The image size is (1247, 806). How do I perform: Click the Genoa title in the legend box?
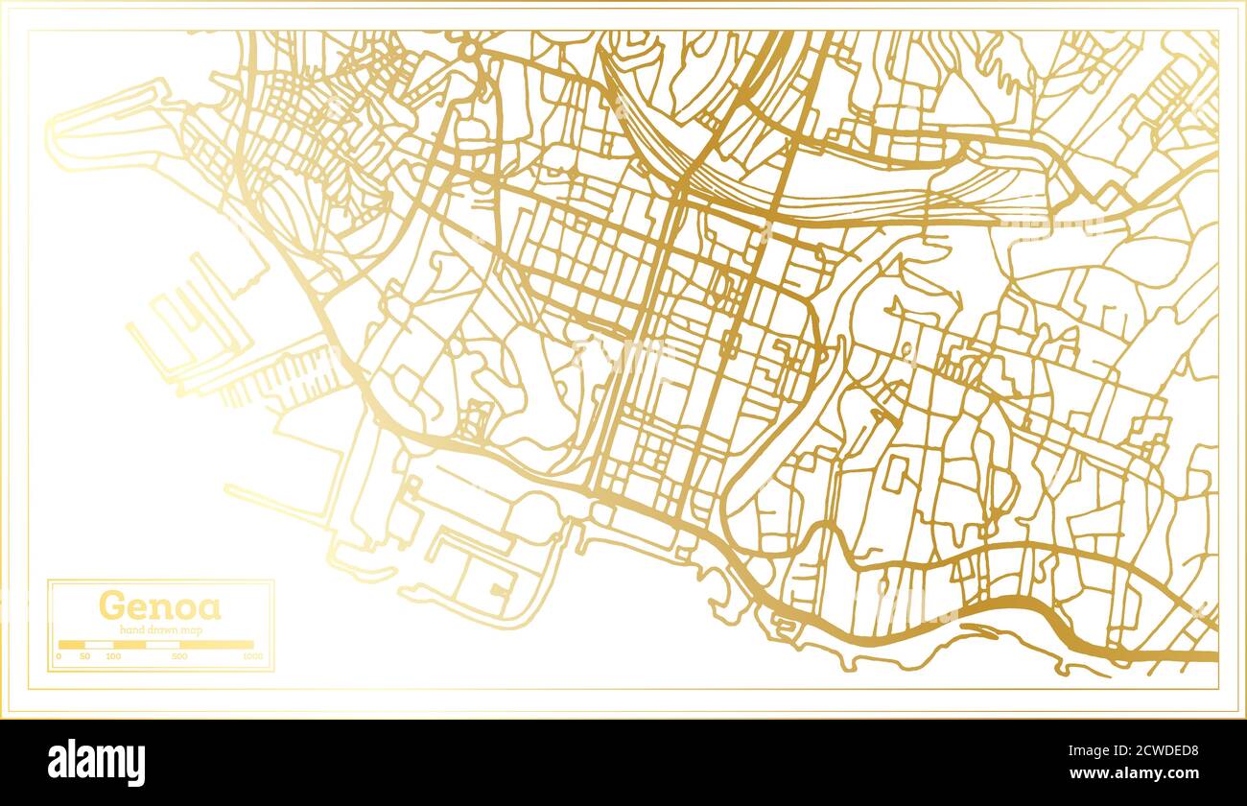click(159, 606)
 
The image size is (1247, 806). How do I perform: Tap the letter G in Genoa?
click(110, 606)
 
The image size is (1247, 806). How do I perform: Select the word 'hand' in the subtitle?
click(132, 629)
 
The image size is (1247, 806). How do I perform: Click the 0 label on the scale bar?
click(59, 656)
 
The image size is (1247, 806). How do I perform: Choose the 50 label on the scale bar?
click(84, 656)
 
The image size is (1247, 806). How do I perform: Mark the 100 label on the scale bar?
click(113, 656)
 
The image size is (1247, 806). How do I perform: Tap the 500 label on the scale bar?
click(179, 656)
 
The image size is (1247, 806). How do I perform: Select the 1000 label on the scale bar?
click(252, 656)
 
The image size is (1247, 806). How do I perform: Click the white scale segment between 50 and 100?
click(99, 645)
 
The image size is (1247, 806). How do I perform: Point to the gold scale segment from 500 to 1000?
click(217, 645)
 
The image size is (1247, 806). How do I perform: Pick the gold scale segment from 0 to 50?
click(72, 645)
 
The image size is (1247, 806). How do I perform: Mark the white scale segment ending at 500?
click(163, 645)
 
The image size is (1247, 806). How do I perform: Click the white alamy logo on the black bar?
click(97, 763)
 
